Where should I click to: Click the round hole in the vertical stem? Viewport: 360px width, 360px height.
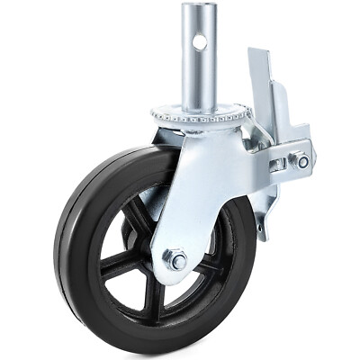pyautogui.click(x=200, y=41)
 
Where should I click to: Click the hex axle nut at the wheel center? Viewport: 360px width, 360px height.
pyautogui.click(x=175, y=260)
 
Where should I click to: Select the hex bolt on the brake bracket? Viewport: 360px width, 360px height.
pyautogui.click(x=302, y=161)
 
